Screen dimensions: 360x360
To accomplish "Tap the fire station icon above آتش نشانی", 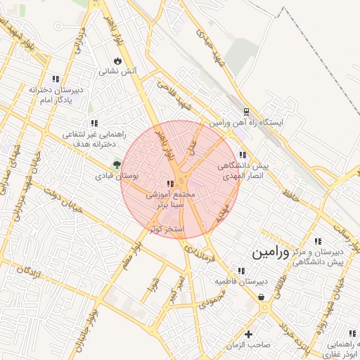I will [x=116, y=61].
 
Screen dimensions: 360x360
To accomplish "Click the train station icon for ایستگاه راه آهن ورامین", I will [x=246, y=111].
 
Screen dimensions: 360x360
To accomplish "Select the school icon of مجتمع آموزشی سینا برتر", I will [x=171, y=182].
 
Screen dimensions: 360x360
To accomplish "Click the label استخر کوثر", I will [x=167, y=229].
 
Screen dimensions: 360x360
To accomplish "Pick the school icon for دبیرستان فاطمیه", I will [x=241, y=271].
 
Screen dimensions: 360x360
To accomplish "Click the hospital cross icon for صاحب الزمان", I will [x=247, y=334].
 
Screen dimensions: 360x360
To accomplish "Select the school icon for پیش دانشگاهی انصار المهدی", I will [x=243, y=155].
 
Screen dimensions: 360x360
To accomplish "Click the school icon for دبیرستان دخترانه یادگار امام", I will [x=56, y=79].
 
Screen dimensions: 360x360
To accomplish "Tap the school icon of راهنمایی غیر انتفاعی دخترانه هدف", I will [x=94, y=123].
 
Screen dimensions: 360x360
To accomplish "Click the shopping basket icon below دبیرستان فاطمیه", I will [x=262, y=297].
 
